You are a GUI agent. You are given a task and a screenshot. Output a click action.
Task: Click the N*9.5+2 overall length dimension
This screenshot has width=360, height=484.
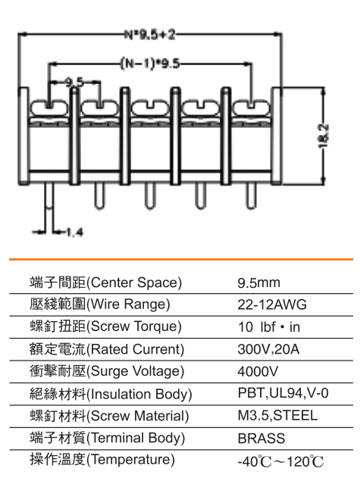point(149,35)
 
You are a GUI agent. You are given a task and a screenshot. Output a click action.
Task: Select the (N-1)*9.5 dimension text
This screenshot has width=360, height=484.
point(150,64)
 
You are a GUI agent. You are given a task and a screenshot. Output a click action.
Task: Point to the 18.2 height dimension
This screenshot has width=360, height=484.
point(324,136)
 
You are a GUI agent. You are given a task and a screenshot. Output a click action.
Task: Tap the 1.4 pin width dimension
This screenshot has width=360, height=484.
point(75,232)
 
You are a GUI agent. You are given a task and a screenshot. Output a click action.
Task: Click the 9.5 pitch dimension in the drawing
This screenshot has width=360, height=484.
point(74,82)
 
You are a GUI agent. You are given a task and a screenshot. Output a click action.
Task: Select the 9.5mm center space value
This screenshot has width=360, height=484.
point(258,283)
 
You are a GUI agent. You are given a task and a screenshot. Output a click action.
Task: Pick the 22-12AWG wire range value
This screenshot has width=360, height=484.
point(272,304)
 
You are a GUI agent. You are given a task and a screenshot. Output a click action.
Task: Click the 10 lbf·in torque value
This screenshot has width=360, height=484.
point(269,327)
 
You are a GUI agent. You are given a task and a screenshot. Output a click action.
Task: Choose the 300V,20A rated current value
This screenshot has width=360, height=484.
point(268,349)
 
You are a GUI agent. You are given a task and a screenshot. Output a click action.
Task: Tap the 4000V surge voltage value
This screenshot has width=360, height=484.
point(258,371)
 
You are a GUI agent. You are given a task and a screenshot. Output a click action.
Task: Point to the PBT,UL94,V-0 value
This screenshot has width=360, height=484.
point(283,393)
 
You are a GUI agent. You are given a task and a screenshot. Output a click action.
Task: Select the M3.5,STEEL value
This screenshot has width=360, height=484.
point(277,416)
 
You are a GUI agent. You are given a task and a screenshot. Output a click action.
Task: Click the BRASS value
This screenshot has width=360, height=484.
point(261,439)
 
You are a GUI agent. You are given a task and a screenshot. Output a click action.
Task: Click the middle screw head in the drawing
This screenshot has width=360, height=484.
point(150,108)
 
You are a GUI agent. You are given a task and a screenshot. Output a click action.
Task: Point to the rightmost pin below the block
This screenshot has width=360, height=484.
point(252,196)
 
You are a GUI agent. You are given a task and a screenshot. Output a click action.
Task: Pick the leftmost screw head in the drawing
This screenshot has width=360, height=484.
point(49,108)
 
